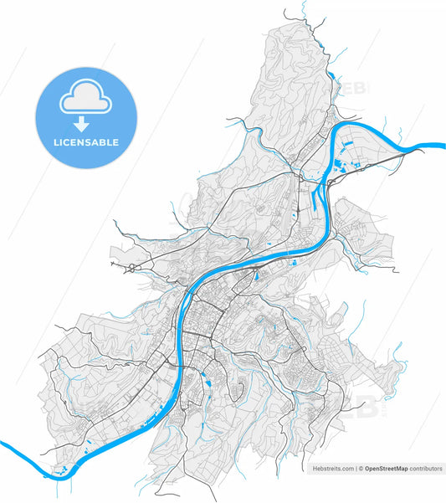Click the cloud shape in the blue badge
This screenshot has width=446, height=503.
click(85, 99)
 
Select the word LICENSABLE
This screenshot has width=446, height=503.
click(85, 143)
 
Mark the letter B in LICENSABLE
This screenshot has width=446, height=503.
click(105, 143)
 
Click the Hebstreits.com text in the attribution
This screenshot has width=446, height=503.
click(332, 470)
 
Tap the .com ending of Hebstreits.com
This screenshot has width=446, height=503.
click(346, 470)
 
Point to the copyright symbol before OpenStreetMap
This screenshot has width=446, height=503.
click(361, 470)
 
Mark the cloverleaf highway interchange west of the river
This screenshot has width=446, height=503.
click(131, 269)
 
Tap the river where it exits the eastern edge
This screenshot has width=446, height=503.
click(438, 146)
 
